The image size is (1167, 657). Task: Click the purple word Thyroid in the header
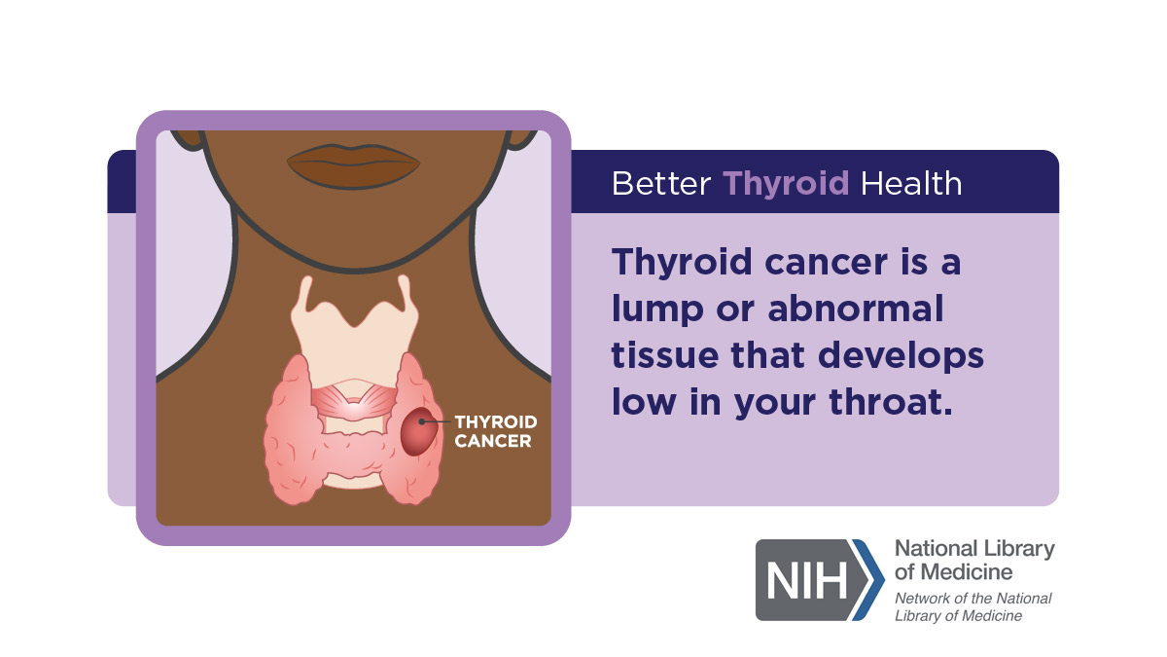(786, 184)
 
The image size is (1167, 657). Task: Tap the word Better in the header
(661, 184)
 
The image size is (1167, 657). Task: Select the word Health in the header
(911, 184)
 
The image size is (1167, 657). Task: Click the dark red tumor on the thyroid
(419, 432)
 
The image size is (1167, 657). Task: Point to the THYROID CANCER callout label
(495, 431)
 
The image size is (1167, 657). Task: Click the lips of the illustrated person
(353, 165)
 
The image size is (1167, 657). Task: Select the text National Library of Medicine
(974, 560)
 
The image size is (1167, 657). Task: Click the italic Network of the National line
(973, 598)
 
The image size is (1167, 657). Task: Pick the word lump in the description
(657, 310)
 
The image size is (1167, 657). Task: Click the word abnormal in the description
(856, 309)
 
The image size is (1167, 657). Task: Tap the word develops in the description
(901, 357)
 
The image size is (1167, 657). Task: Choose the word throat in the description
(891, 402)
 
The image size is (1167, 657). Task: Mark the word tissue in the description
(665, 355)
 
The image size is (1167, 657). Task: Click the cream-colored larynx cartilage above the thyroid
(354, 334)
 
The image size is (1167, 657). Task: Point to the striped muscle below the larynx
(354, 401)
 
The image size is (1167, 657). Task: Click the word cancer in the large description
(827, 262)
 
